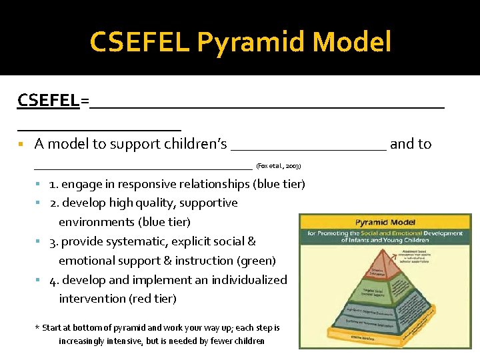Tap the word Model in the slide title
(x=351, y=43)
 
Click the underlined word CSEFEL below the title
(x=48, y=101)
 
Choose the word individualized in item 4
(x=249, y=280)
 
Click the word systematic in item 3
(x=124, y=241)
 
